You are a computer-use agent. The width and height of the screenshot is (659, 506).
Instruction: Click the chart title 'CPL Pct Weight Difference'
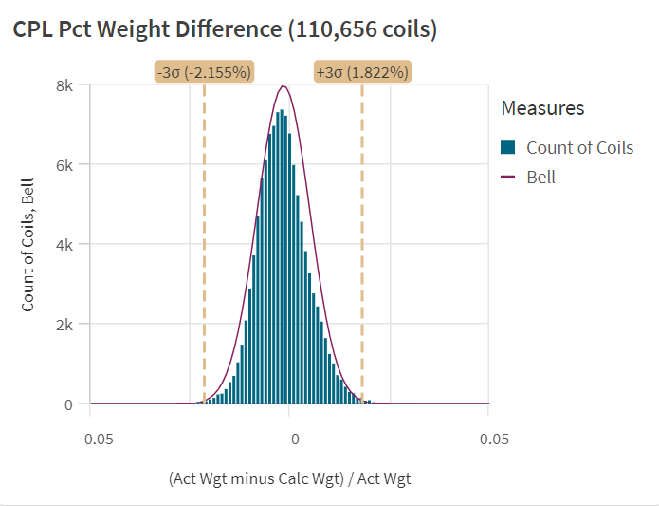pos(148,29)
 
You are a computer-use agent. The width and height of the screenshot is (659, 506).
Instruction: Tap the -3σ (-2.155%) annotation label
pos(205,72)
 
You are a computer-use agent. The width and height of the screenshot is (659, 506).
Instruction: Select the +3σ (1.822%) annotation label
pos(362,72)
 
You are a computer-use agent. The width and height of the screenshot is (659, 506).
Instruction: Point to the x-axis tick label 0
pos(295,440)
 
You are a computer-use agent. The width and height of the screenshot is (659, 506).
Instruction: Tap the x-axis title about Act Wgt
pos(289,478)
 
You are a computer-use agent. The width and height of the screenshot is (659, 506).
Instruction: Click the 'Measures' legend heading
pos(542,108)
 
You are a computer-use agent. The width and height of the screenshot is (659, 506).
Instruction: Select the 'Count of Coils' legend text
pos(579,147)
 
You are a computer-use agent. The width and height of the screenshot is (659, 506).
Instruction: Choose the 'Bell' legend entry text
pos(540,177)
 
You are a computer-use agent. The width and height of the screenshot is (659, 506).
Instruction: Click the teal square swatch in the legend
pos(508,147)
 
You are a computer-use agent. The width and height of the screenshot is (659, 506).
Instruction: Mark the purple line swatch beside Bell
pos(508,177)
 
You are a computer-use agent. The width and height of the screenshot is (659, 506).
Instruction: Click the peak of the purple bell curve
pos(283,87)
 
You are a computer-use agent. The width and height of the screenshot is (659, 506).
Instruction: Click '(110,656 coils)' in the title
pos(362,29)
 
